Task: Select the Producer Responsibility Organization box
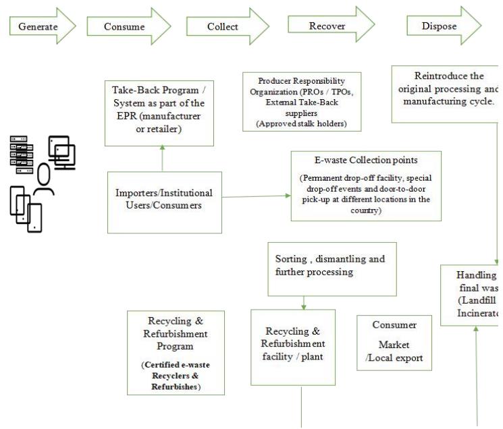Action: click(x=301, y=101)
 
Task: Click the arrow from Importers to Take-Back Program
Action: click(x=162, y=159)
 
